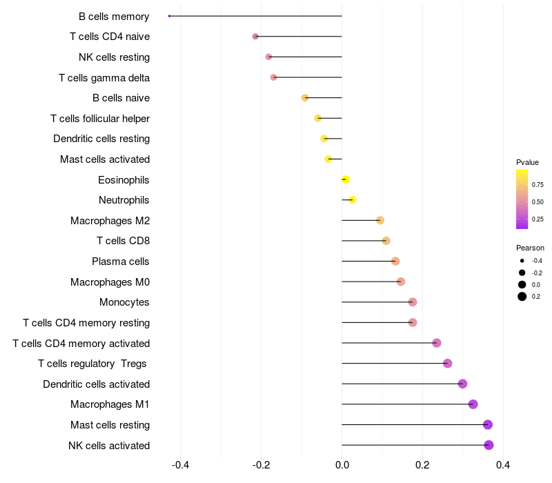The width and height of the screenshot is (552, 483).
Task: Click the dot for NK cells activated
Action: click(x=489, y=445)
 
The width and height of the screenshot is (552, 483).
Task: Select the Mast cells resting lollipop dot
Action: click(x=488, y=424)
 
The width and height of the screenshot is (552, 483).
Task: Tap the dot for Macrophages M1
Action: click(x=473, y=404)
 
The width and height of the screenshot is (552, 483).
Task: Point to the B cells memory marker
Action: click(x=169, y=16)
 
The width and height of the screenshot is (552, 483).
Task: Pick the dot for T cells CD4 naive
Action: click(x=255, y=36)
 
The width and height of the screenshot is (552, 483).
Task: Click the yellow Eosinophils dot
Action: click(x=346, y=180)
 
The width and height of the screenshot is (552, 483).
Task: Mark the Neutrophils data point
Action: click(x=353, y=200)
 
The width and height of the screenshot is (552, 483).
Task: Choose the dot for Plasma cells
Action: click(x=395, y=262)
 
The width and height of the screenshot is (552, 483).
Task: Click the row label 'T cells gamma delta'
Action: click(x=104, y=77)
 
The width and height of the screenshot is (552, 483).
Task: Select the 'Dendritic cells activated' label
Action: click(x=96, y=384)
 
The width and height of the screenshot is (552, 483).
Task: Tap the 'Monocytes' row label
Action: click(x=124, y=302)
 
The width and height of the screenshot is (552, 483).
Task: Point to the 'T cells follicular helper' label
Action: click(x=100, y=119)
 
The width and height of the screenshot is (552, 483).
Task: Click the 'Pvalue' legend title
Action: click(x=527, y=162)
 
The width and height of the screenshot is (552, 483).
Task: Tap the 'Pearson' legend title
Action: click(x=530, y=248)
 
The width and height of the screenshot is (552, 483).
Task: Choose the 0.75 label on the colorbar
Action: click(x=538, y=184)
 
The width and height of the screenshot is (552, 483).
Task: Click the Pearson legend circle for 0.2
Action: click(x=522, y=297)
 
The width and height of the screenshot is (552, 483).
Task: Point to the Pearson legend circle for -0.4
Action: click(x=522, y=261)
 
